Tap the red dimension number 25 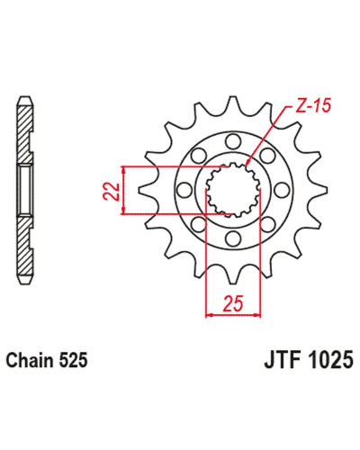pyautogui.click(x=232, y=303)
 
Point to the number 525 pyautogui.click(x=74, y=360)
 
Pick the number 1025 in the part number pyautogui.click(x=329, y=360)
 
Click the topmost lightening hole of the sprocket pyautogui.click(x=233, y=141)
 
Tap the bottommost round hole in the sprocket pyautogui.click(x=233, y=238)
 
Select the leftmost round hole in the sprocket pyautogui.click(x=184, y=190)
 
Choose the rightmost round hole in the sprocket pyautogui.click(x=282, y=190)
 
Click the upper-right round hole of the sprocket pyautogui.click(x=267, y=156)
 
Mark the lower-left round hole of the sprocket pyautogui.click(x=199, y=224)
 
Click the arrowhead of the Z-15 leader pyautogui.click(x=247, y=163)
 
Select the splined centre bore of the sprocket pyautogui.click(x=233, y=190)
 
